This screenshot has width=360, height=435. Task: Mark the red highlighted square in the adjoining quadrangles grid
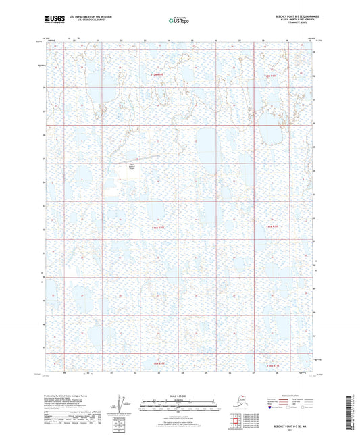click(234, 424)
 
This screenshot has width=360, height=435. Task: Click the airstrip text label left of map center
click(131, 165)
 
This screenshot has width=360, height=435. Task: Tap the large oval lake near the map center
click(205, 144)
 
